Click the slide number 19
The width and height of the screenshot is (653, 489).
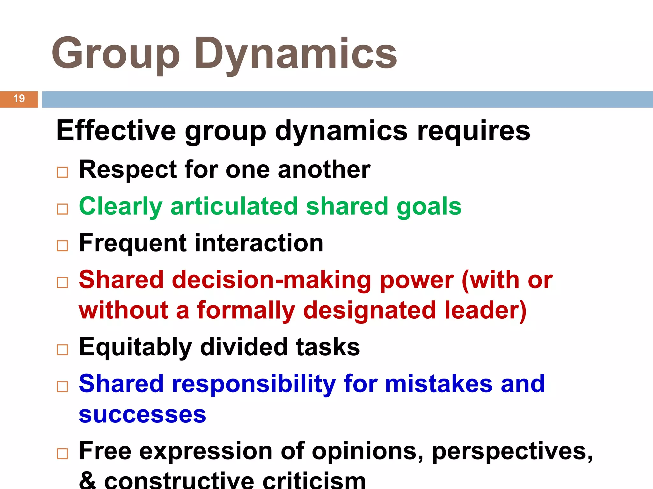point(19,99)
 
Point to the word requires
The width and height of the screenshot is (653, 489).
point(473,131)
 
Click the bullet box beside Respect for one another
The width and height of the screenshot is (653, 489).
point(62,172)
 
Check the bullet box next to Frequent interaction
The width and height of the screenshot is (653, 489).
point(62,246)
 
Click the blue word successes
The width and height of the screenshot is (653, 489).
point(143,415)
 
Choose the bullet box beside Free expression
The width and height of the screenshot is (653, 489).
point(62,454)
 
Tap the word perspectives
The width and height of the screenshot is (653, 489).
point(512,451)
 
